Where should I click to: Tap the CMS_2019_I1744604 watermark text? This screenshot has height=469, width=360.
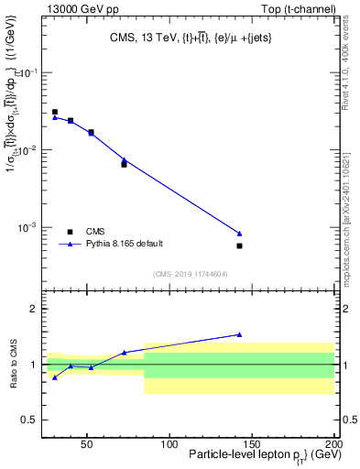191,273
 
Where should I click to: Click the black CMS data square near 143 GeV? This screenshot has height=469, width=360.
239,245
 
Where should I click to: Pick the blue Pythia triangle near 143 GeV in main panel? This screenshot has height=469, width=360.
239,234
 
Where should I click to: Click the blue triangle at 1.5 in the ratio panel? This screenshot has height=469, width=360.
239,334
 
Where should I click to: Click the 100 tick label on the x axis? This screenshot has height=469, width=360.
169,444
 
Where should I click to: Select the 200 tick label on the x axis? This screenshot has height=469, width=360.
333,444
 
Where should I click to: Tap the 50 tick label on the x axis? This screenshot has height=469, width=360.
86,444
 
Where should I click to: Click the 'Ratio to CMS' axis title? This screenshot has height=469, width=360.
12,364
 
